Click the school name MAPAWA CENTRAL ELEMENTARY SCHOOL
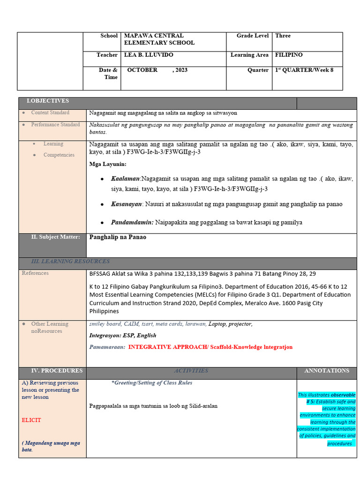click(159, 39)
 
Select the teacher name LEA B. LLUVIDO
click(149, 55)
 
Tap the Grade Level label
click(253, 36)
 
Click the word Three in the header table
click(283, 36)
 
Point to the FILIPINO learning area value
click(289, 55)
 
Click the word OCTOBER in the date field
click(142, 70)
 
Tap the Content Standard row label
click(50, 112)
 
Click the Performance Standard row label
click(55, 125)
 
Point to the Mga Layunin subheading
click(108, 164)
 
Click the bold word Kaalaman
click(125, 179)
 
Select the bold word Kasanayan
click(126, 204)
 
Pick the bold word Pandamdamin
click(132, 222)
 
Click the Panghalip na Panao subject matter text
click(118, 237)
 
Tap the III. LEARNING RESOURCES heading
click(70, 261)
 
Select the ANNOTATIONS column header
click(327, 370)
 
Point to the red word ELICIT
click(31, 420)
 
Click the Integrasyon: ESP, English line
click(123, 335)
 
